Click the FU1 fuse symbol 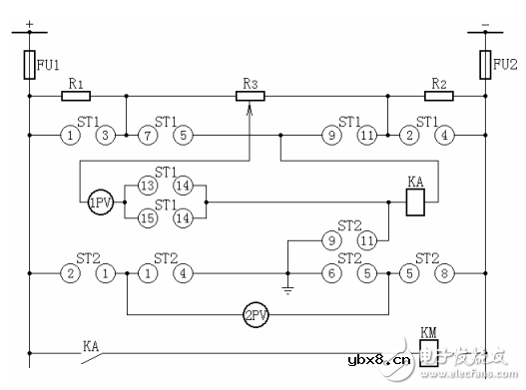(29, 66)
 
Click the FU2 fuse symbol (486, 66)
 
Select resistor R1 (76, 97)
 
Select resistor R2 (439, 97)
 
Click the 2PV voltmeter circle (256, 316)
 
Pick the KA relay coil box (417, 204)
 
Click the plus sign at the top (29, 21)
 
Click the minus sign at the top (486, 21)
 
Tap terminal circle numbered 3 (105, 135)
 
